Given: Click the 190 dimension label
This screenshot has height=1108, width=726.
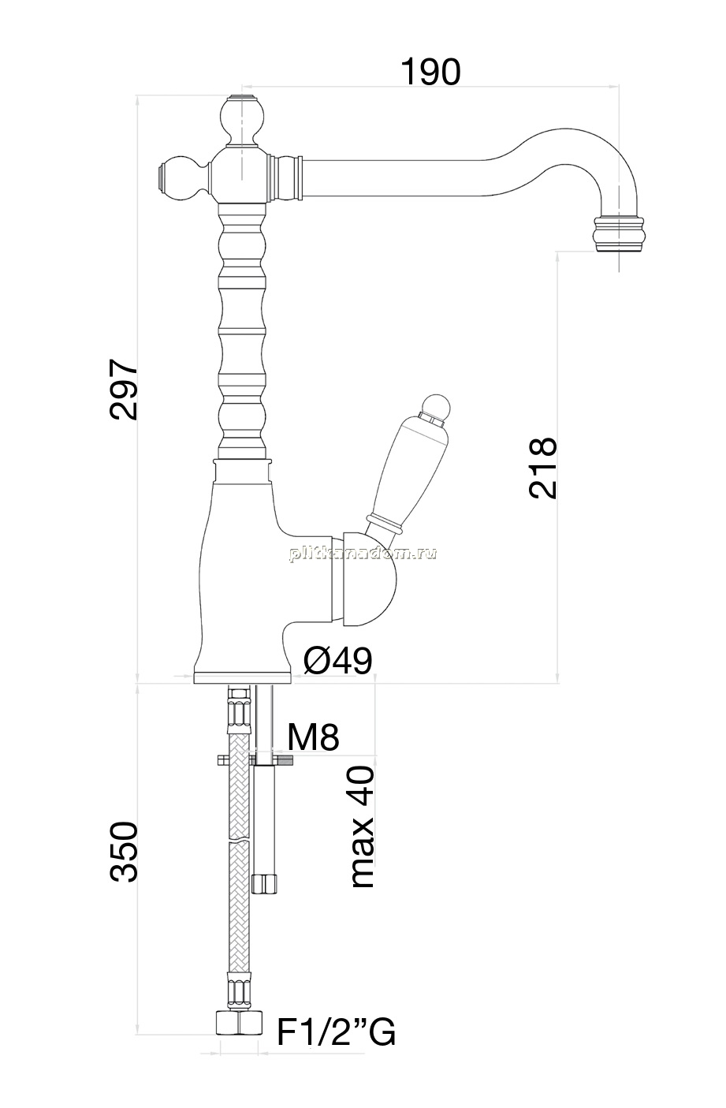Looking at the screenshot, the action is coord(430,73).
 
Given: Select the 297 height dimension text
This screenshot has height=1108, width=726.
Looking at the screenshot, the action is coord(123,390).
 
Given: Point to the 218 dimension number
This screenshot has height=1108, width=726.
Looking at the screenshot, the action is coord(542,468).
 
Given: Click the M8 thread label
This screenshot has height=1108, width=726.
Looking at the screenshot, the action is coord(313,737).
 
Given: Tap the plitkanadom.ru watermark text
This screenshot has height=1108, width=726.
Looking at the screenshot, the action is coord(363,554).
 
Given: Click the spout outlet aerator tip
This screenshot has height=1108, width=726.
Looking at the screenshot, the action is coord(619,234).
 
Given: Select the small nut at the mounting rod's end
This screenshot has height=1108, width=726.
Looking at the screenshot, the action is coord(264,884).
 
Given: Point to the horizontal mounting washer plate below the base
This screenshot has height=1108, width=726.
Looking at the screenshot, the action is coord(255,761).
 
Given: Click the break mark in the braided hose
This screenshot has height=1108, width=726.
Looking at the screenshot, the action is coord(240,840).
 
